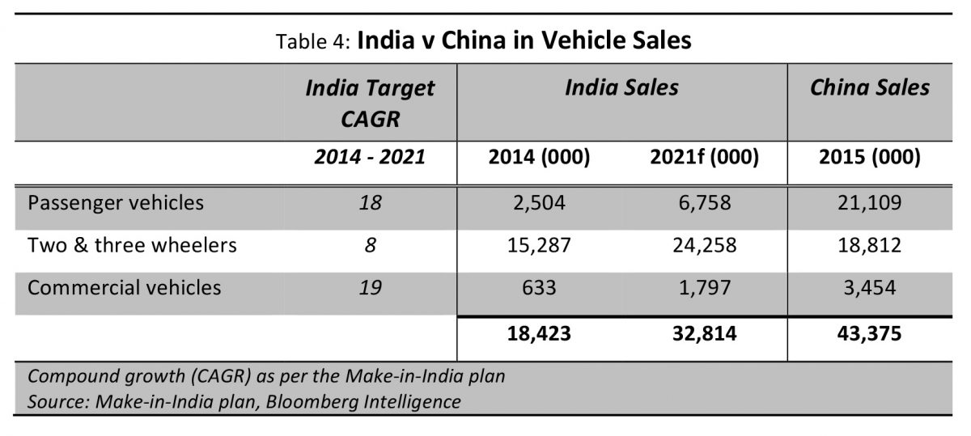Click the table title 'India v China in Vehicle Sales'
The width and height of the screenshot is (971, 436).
click(524, 40)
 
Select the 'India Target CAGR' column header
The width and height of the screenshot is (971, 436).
click(370, 104)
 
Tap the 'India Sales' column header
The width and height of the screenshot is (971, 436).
click(621, 87)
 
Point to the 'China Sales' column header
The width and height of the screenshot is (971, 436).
click(870, 87)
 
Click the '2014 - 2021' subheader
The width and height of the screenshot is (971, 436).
click(370, 156)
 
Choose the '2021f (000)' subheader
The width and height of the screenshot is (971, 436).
click(705, 157)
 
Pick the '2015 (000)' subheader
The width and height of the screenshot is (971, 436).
click(870, 157)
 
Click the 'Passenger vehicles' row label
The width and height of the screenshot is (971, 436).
click(115, 203)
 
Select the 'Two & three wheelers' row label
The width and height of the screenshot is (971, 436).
click(132, 245)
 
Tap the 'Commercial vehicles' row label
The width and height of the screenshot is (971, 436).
click(124, 288)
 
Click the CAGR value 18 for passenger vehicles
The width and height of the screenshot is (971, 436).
click(370, 203)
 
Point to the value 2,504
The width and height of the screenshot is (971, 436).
click(539, 203)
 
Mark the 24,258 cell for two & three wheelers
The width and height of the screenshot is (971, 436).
click(705, 245)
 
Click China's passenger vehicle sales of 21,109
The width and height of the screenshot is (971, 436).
click(870, 203)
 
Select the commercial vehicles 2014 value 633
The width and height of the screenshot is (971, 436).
click(539, 288)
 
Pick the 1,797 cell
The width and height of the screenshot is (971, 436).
click(705, 288)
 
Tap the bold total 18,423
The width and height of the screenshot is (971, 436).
click(539, 334)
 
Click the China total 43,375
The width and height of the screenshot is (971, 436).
click(870, 334)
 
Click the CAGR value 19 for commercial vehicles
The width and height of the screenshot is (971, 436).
click(370, 288)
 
